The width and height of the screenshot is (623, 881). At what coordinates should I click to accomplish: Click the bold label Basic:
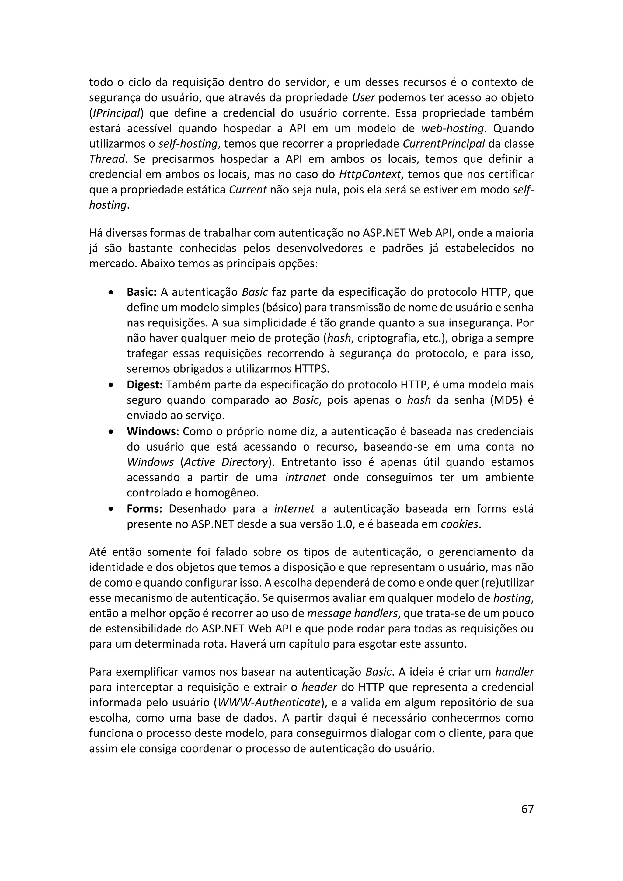(141, 292)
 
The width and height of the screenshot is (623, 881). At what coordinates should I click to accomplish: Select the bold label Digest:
(144, 385)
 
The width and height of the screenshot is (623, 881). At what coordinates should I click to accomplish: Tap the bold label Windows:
(153, 431)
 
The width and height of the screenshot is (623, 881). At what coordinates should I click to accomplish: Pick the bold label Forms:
(144, 509)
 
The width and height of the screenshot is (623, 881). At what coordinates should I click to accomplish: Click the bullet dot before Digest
(111, 385)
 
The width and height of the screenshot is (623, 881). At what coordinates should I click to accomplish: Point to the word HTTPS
(311, 369)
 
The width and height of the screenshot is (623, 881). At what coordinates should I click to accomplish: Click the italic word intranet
(305, 477)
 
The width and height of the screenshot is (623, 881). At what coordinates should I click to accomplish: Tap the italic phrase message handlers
(352, 614)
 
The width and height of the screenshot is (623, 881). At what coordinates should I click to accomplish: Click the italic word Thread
(107, 159)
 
